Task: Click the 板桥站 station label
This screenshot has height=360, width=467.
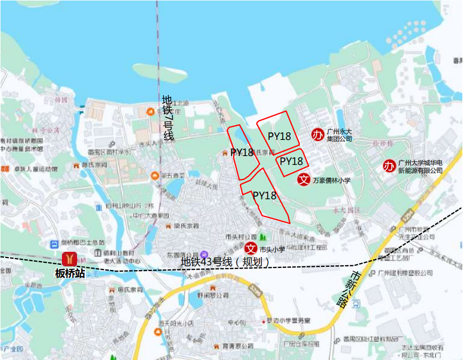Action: pyautogui.click(x=70, y=274)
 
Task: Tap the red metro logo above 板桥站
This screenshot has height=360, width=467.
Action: pyautogui.click(x=70, y=259)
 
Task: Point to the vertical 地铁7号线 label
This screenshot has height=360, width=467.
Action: pyautogui.click(x=168, y=118)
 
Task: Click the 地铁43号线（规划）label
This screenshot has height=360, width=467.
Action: pyautogui.click(x=225, y=263)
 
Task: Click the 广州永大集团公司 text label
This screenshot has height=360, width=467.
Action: pyautogui.click(x=339, y=135)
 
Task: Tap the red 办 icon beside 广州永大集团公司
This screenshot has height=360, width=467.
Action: pyautogui.click(x=318, y=135)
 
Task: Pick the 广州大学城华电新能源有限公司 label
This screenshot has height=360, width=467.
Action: pyautogui.click(x=420, y=166)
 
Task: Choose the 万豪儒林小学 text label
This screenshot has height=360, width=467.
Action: pyautogui.click(x=332, y=181)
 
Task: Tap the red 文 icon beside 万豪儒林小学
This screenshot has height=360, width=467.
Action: pyautogui.click(x=304, y=179)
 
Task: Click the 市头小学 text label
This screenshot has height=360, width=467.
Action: pyautogui.click(x=272, y=249)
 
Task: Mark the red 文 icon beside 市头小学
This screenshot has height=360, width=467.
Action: pyautogui.click(x=251, y=248)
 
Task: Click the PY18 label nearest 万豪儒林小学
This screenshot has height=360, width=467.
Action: pyautogui.click(x=291, y=161)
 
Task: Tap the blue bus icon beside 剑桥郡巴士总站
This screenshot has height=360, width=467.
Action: pyautogui.click(x=54, y=243)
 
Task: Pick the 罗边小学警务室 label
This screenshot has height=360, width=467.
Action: pyautogui.click(x=288, y=319)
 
